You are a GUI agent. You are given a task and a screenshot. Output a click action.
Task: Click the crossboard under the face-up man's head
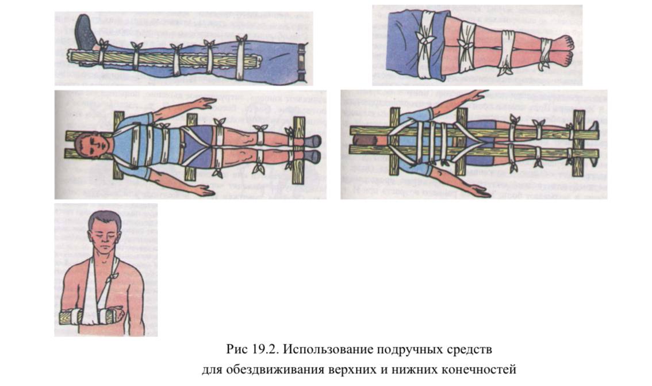pyautogui.click(x=118, y=145)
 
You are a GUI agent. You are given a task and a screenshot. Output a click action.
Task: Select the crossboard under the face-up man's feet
pyautogui.click(x=299, y=150)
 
